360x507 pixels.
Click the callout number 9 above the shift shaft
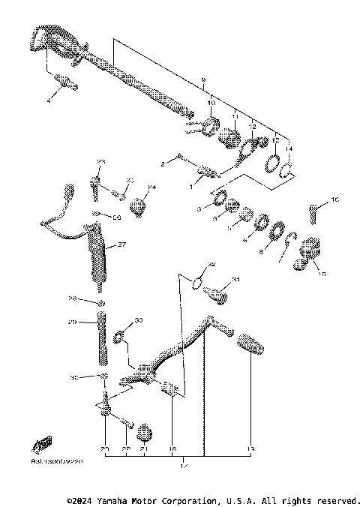coord(202,79)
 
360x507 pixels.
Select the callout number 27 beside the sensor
coord(121,244)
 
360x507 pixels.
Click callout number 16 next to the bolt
coord(335,199)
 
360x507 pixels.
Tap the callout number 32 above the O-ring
coord(211,265)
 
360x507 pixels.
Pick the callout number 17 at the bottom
coord(184,466)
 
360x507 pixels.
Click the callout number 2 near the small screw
coord(162,163)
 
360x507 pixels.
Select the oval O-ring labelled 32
coord(198,283)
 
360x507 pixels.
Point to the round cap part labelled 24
coord(138,204)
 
